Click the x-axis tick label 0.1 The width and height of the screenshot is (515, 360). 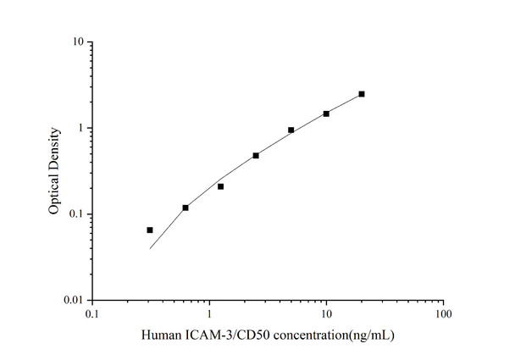tap(92, 314)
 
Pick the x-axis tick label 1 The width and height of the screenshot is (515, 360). tap(209, 314)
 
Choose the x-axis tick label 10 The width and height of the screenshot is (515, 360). tap(326, 314)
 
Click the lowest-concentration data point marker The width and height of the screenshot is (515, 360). tap(150, 230)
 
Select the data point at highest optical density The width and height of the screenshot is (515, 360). tap(362, 94)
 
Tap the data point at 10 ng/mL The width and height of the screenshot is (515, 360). tap(326, 114)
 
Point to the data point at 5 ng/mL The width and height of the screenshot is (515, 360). tap(291, 130)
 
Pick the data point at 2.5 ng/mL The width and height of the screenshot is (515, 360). tap(256, 156)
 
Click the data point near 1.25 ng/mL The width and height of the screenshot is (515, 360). tap(220, 186)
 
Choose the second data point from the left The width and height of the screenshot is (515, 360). tap(186, 208)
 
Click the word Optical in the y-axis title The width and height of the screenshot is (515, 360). tap(55, 191)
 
